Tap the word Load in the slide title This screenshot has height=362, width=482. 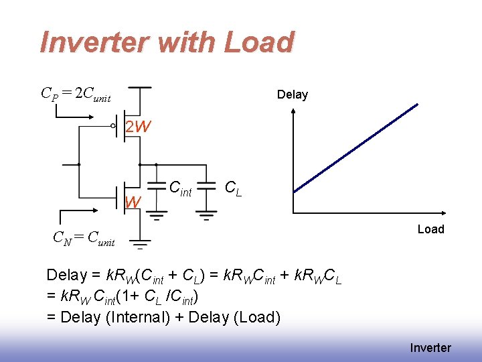pyautogui.click(x=258, y=42)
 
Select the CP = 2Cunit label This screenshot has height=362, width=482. pyautogui.click(x=76, y=93)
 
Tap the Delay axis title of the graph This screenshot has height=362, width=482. pyautogui.click(x=293, y=95)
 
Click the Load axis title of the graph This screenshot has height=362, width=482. pyautogui.click(x=430, y=229)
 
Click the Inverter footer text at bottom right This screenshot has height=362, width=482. pyautogui.click(x=430, y=347)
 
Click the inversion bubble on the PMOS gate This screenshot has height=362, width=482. pyautogui.click(x=113, y=125)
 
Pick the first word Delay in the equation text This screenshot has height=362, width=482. pyautogui.click(x=67, y=275)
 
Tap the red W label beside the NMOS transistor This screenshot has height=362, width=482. pyautogui.click(x=133, y=202)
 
